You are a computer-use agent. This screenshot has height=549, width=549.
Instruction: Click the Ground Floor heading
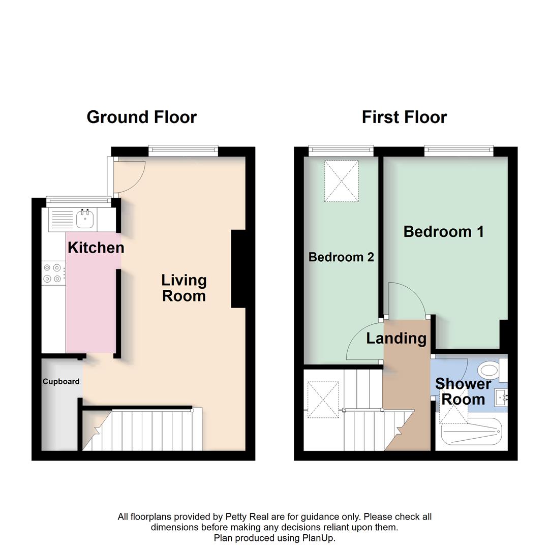point(141,117)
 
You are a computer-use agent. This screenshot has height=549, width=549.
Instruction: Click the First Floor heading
point(404,117)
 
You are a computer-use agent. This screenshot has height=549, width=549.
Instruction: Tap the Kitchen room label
point(96,248)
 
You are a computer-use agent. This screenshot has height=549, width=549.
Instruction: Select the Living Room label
point(184,288)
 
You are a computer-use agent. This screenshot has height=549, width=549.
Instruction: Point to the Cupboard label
point(61,381)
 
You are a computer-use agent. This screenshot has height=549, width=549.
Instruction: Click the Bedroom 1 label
point(443,232)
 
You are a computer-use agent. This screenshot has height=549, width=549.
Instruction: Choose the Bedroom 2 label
point(341,257)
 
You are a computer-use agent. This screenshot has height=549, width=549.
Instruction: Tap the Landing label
point(396,338)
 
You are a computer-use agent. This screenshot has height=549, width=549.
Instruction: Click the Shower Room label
point(463,391)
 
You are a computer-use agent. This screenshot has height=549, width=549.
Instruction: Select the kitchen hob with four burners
point(53,272)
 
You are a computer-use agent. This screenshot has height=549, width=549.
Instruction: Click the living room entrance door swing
point(129,175)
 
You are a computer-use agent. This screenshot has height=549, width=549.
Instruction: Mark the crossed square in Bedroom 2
point(342,181)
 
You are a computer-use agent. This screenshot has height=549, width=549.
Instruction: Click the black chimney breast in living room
point(238,269)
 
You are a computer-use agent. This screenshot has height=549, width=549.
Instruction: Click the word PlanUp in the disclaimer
point(319,537)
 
